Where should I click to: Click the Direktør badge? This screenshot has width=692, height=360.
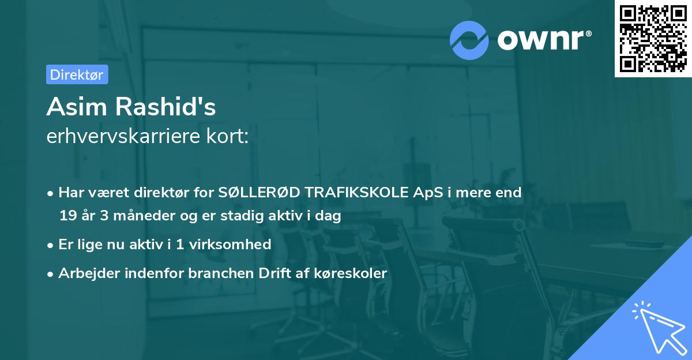coord(77,74)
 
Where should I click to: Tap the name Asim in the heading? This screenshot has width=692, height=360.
coord(75,107)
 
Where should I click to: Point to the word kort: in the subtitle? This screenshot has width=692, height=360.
coord(228,137)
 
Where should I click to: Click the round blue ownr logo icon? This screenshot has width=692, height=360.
coord(469,40)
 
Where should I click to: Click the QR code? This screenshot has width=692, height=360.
coord(653,39)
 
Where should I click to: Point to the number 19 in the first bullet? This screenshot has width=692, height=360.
coord(67,216)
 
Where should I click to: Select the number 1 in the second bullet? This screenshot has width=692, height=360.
coord(180,245)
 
